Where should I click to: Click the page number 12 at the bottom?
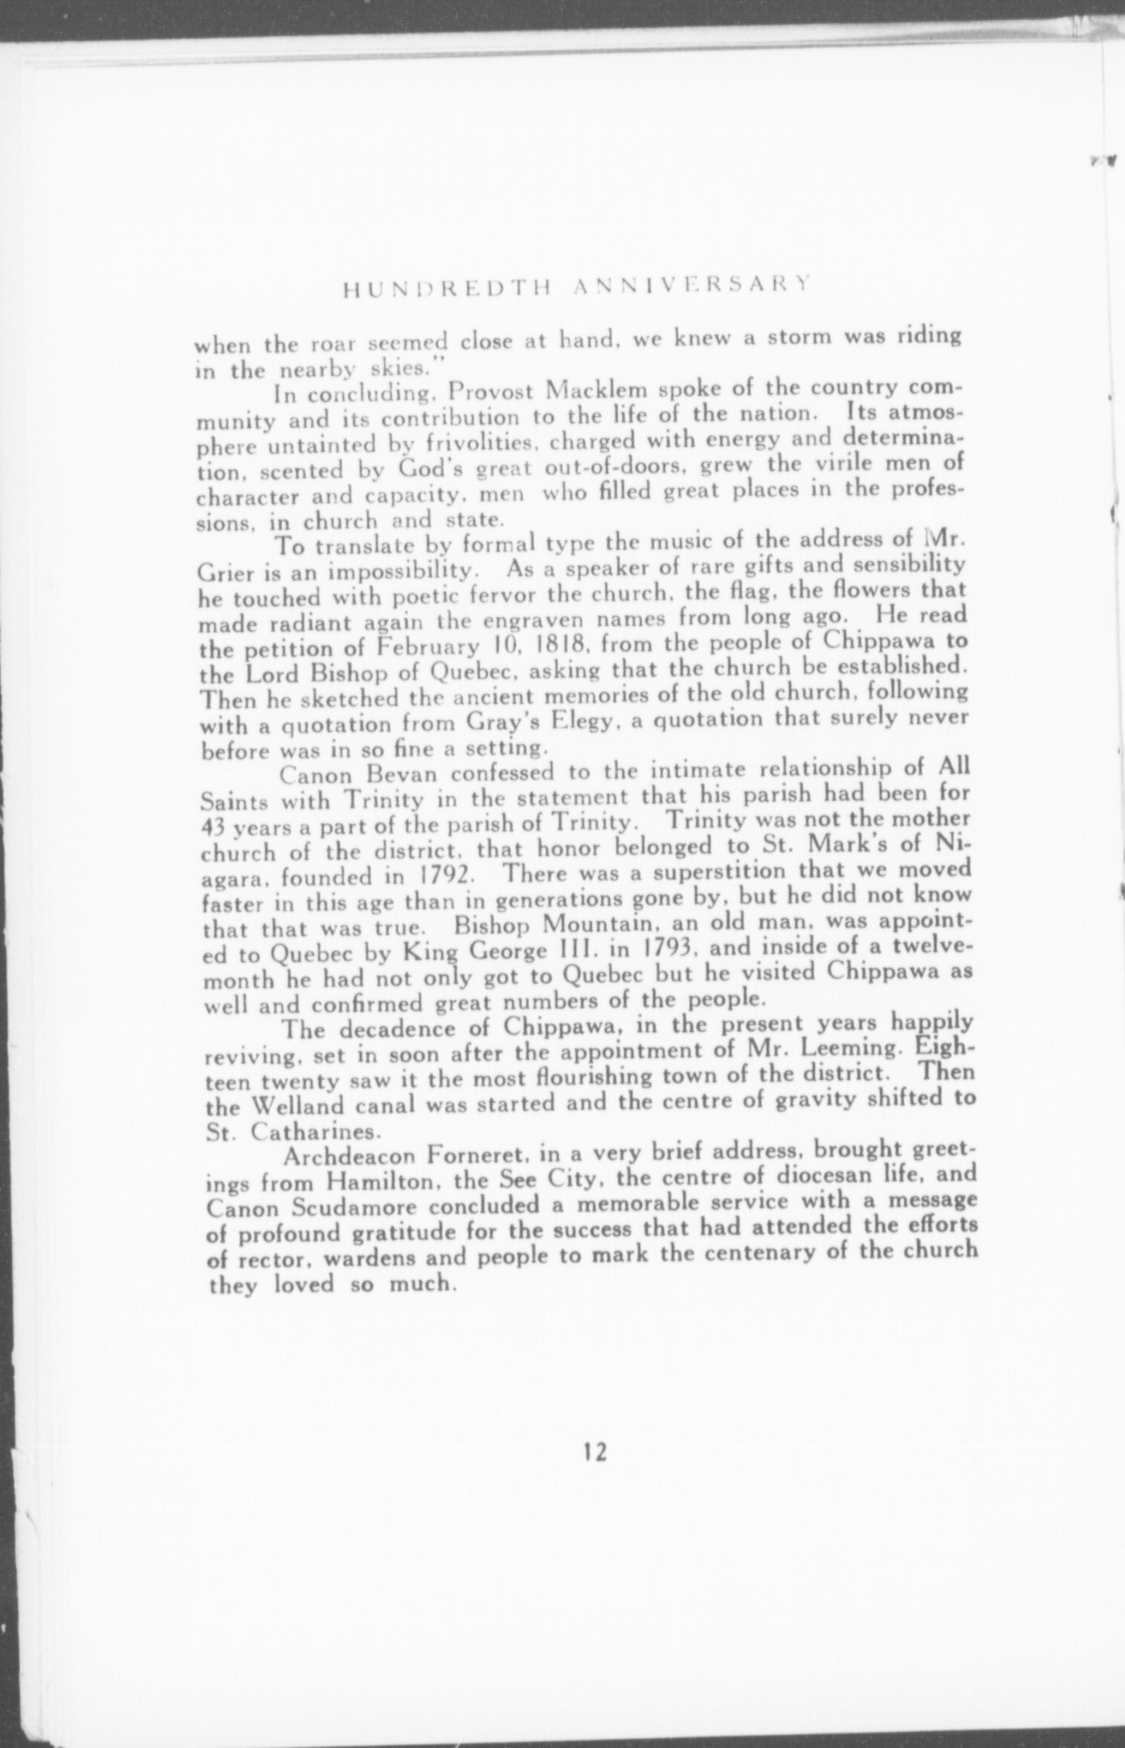pyautogui.click(x=595, y=1452)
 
